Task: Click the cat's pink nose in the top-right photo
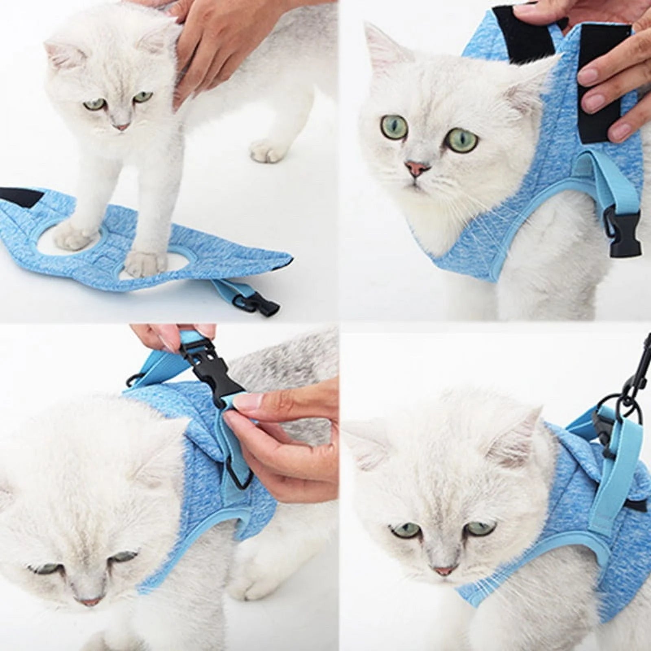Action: coord(417,167)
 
